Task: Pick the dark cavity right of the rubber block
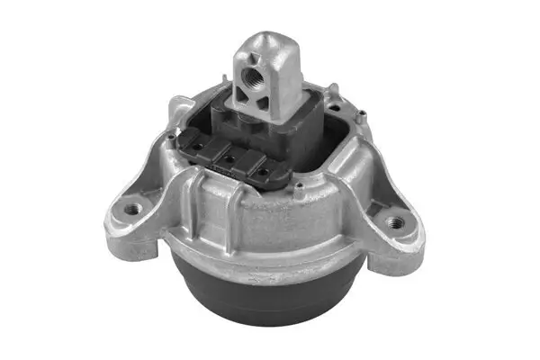[333, 144]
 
